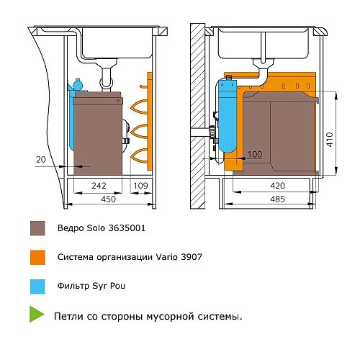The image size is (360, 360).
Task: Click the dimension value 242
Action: (x=99, y=186)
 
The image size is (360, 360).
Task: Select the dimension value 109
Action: (x=140, y=186)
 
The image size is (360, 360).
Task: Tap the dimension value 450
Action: (x=108, y=199)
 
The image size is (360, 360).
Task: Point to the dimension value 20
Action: (x=41, y=159)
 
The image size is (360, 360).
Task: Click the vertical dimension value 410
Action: (x=330, y=140)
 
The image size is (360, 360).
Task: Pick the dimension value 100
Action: (x=255, y=154)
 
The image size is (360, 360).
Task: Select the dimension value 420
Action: (x=277, y=186)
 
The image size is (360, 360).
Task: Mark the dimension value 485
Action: (x=277, y=199)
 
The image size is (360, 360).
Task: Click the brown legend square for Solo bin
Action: (x=37, y=228)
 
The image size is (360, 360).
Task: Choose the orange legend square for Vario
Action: (x=37, y=258)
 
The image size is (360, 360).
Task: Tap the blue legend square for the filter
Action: (x=37, y=287)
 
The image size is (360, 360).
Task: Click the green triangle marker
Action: (x=36, y=314)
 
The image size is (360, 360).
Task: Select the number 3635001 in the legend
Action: (x=127, y=228)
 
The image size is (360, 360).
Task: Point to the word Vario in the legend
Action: (x=167, y=257)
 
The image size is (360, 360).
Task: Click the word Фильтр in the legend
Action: (x=73, y=286)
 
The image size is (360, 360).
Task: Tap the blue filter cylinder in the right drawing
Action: (x=228, y=116)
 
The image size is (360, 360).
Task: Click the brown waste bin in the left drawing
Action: (x=98, y=133)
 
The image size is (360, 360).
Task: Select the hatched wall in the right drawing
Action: (x=198, y=116)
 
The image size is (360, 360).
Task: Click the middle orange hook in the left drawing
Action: (x=139, y=131)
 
